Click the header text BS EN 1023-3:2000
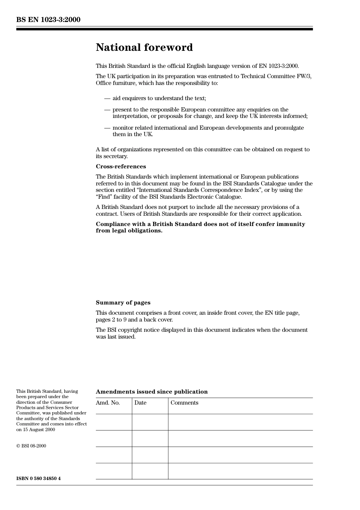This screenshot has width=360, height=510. point(48,19)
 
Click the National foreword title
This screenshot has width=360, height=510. point(144,47)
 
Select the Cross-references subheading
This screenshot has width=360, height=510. point(121,166)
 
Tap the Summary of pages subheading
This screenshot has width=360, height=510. point(123,303)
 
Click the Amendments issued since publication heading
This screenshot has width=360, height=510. point(152,392)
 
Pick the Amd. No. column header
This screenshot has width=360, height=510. point(108,403)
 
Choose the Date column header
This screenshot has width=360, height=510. point(140,403)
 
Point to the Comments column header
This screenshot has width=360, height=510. point(184,403)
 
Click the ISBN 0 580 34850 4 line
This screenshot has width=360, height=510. point(38,479)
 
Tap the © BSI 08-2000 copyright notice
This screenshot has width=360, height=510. point(31,446)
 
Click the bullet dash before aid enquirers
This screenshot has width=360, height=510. point(107,99)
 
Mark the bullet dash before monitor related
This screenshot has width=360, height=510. point(107,128)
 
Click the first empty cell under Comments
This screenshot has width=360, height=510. point(240,422)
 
